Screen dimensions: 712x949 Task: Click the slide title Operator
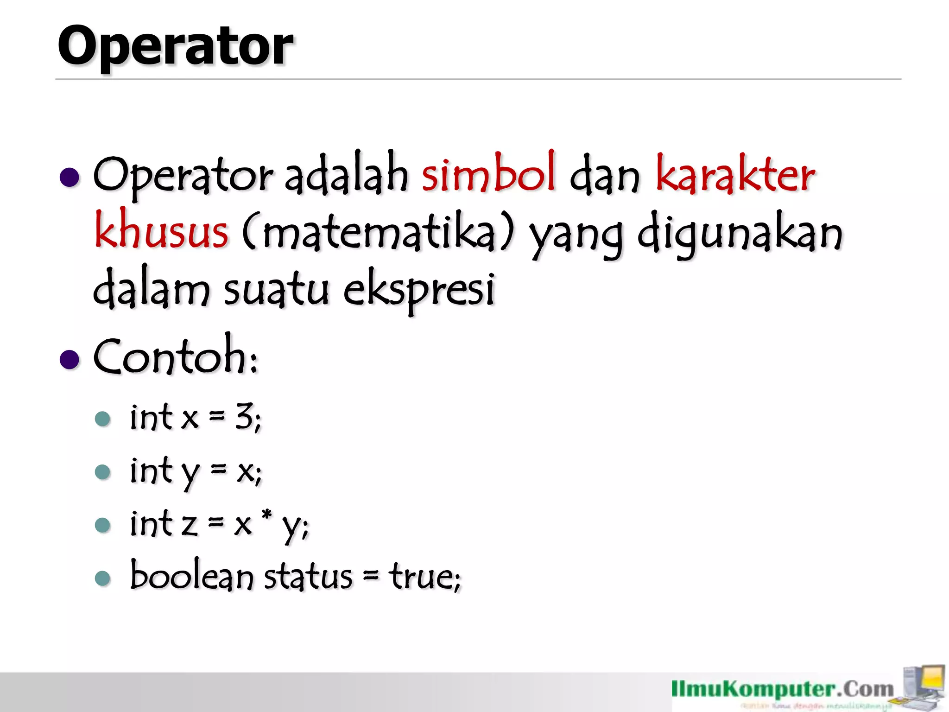175,46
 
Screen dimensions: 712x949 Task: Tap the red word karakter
735,174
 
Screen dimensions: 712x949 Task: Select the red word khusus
161,230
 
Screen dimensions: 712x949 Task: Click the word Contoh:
175,356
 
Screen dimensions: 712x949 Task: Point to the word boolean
191,576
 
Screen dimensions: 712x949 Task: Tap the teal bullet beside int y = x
102,472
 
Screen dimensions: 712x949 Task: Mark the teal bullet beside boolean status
102,578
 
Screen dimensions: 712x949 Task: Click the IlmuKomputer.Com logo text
782,690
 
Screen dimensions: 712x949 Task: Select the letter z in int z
189,525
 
